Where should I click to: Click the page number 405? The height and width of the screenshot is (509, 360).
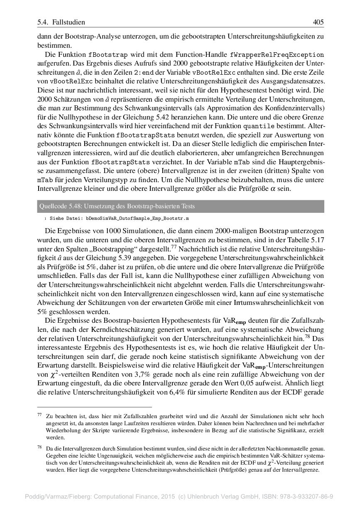click(x=318, y=22)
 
